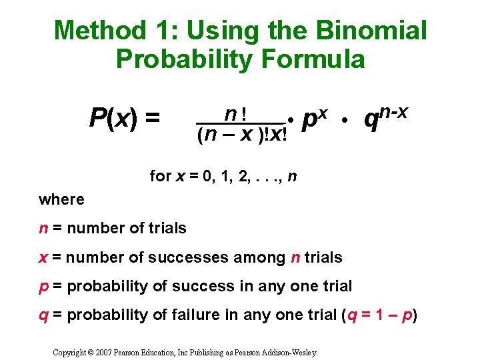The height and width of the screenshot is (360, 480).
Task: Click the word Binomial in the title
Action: pyautogui.click(x=373, y=30)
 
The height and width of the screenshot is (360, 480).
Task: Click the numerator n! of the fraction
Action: pyautogui.click(x=238, y=114)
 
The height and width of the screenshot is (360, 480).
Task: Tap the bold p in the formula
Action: pyautogui.click(x=309, y=121)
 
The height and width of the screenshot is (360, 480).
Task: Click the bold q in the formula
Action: pyautogui.click(x=371, y=121)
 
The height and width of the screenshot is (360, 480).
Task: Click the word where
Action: pyautogui.click(x=61, y=199)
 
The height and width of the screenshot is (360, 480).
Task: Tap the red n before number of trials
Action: pyautogui.click(x=43, y=228)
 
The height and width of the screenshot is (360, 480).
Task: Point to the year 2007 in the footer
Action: pyautogui.click(x=103, y=351)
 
